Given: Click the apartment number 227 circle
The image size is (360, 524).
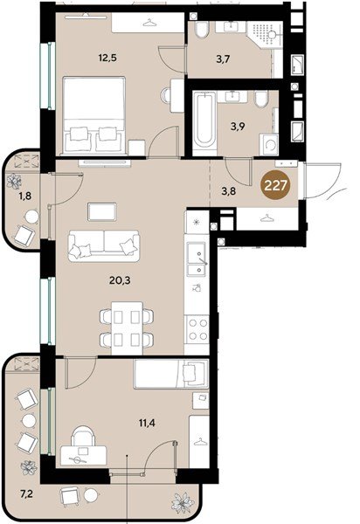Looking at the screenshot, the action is (275, 185).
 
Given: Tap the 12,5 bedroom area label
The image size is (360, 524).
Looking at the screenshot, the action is (107, 58).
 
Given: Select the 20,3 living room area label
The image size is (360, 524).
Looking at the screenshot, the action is (120, 280).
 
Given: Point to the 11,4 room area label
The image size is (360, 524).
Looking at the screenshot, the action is (147, 423).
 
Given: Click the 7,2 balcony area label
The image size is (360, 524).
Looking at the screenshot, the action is (26, 494).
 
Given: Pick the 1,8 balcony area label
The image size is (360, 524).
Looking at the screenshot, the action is (25, 196).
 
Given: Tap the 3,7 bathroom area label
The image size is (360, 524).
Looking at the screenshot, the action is (224, 59).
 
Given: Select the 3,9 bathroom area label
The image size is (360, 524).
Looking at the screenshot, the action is (238, 127).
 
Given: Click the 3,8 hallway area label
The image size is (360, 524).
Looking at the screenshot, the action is (229, 191).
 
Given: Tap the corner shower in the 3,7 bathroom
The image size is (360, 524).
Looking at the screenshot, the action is (265, 34).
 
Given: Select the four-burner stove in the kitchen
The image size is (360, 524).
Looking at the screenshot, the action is (197, 329).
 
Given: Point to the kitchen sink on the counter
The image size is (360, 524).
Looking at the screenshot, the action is (197, 259).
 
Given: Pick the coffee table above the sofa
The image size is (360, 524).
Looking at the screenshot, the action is (102, 212).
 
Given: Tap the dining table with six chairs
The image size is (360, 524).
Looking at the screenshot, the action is (127, 327).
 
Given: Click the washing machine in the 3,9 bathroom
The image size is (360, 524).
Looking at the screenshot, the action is (269, 144).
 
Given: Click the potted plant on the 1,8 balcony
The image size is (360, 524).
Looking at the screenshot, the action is (14, 181).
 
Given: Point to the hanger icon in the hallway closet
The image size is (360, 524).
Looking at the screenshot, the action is (267, 218).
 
